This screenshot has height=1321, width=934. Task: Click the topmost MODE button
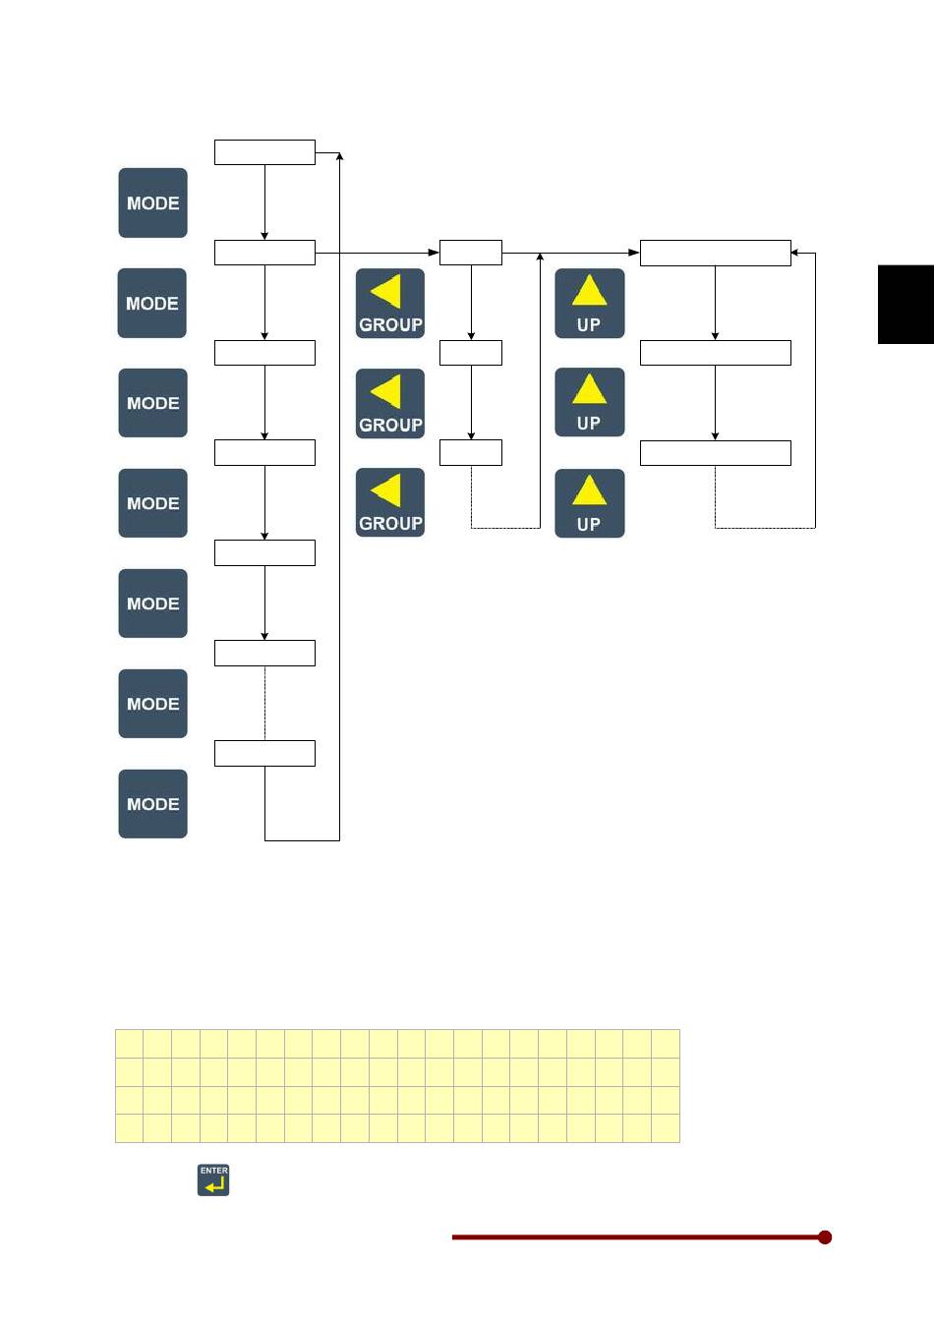(152, 202)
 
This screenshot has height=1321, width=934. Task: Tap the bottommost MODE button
(152, 803)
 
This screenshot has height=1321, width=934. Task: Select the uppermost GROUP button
(390, 303)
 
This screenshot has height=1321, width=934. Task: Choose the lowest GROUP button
(390, 502)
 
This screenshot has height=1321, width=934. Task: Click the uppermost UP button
(589, 303)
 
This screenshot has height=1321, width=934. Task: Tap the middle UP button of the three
(589, 402)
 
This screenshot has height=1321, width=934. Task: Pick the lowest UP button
(589, 502)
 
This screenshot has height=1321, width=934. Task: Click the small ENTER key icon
(213, 1179)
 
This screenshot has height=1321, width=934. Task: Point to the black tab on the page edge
(905, 304)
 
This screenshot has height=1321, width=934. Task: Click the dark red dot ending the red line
(825, 1236)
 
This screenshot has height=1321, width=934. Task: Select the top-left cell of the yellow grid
(130, 1044)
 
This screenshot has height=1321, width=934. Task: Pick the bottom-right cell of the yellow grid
(666, 1128)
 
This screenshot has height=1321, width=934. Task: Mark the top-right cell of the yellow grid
(666, 1044)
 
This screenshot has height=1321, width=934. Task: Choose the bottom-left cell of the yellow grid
(130, 1128)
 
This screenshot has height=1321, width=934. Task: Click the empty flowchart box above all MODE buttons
(264, 151)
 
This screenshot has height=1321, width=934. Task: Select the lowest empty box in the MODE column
(264, 753)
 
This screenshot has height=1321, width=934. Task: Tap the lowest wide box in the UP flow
(715, 452)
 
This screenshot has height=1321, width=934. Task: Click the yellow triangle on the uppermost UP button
(589, 291)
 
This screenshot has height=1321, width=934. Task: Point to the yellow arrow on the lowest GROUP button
(386, 490)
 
